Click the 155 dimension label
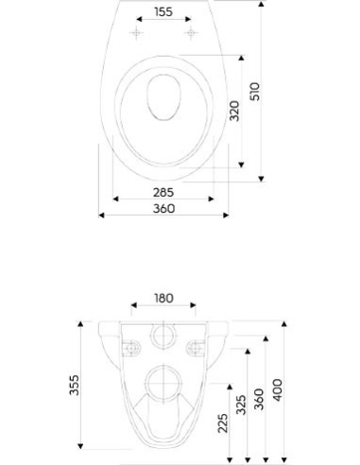pos(163,12)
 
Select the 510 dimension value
pos(255,92)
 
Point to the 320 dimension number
pos(234,111)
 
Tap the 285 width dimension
pos(163,192)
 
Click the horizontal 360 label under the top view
pos(163,209)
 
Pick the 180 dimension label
pos(163,298)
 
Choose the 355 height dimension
pos(75,385)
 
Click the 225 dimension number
pos(223,423)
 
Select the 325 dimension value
pos(241,405)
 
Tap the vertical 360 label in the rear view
pos(259,399)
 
